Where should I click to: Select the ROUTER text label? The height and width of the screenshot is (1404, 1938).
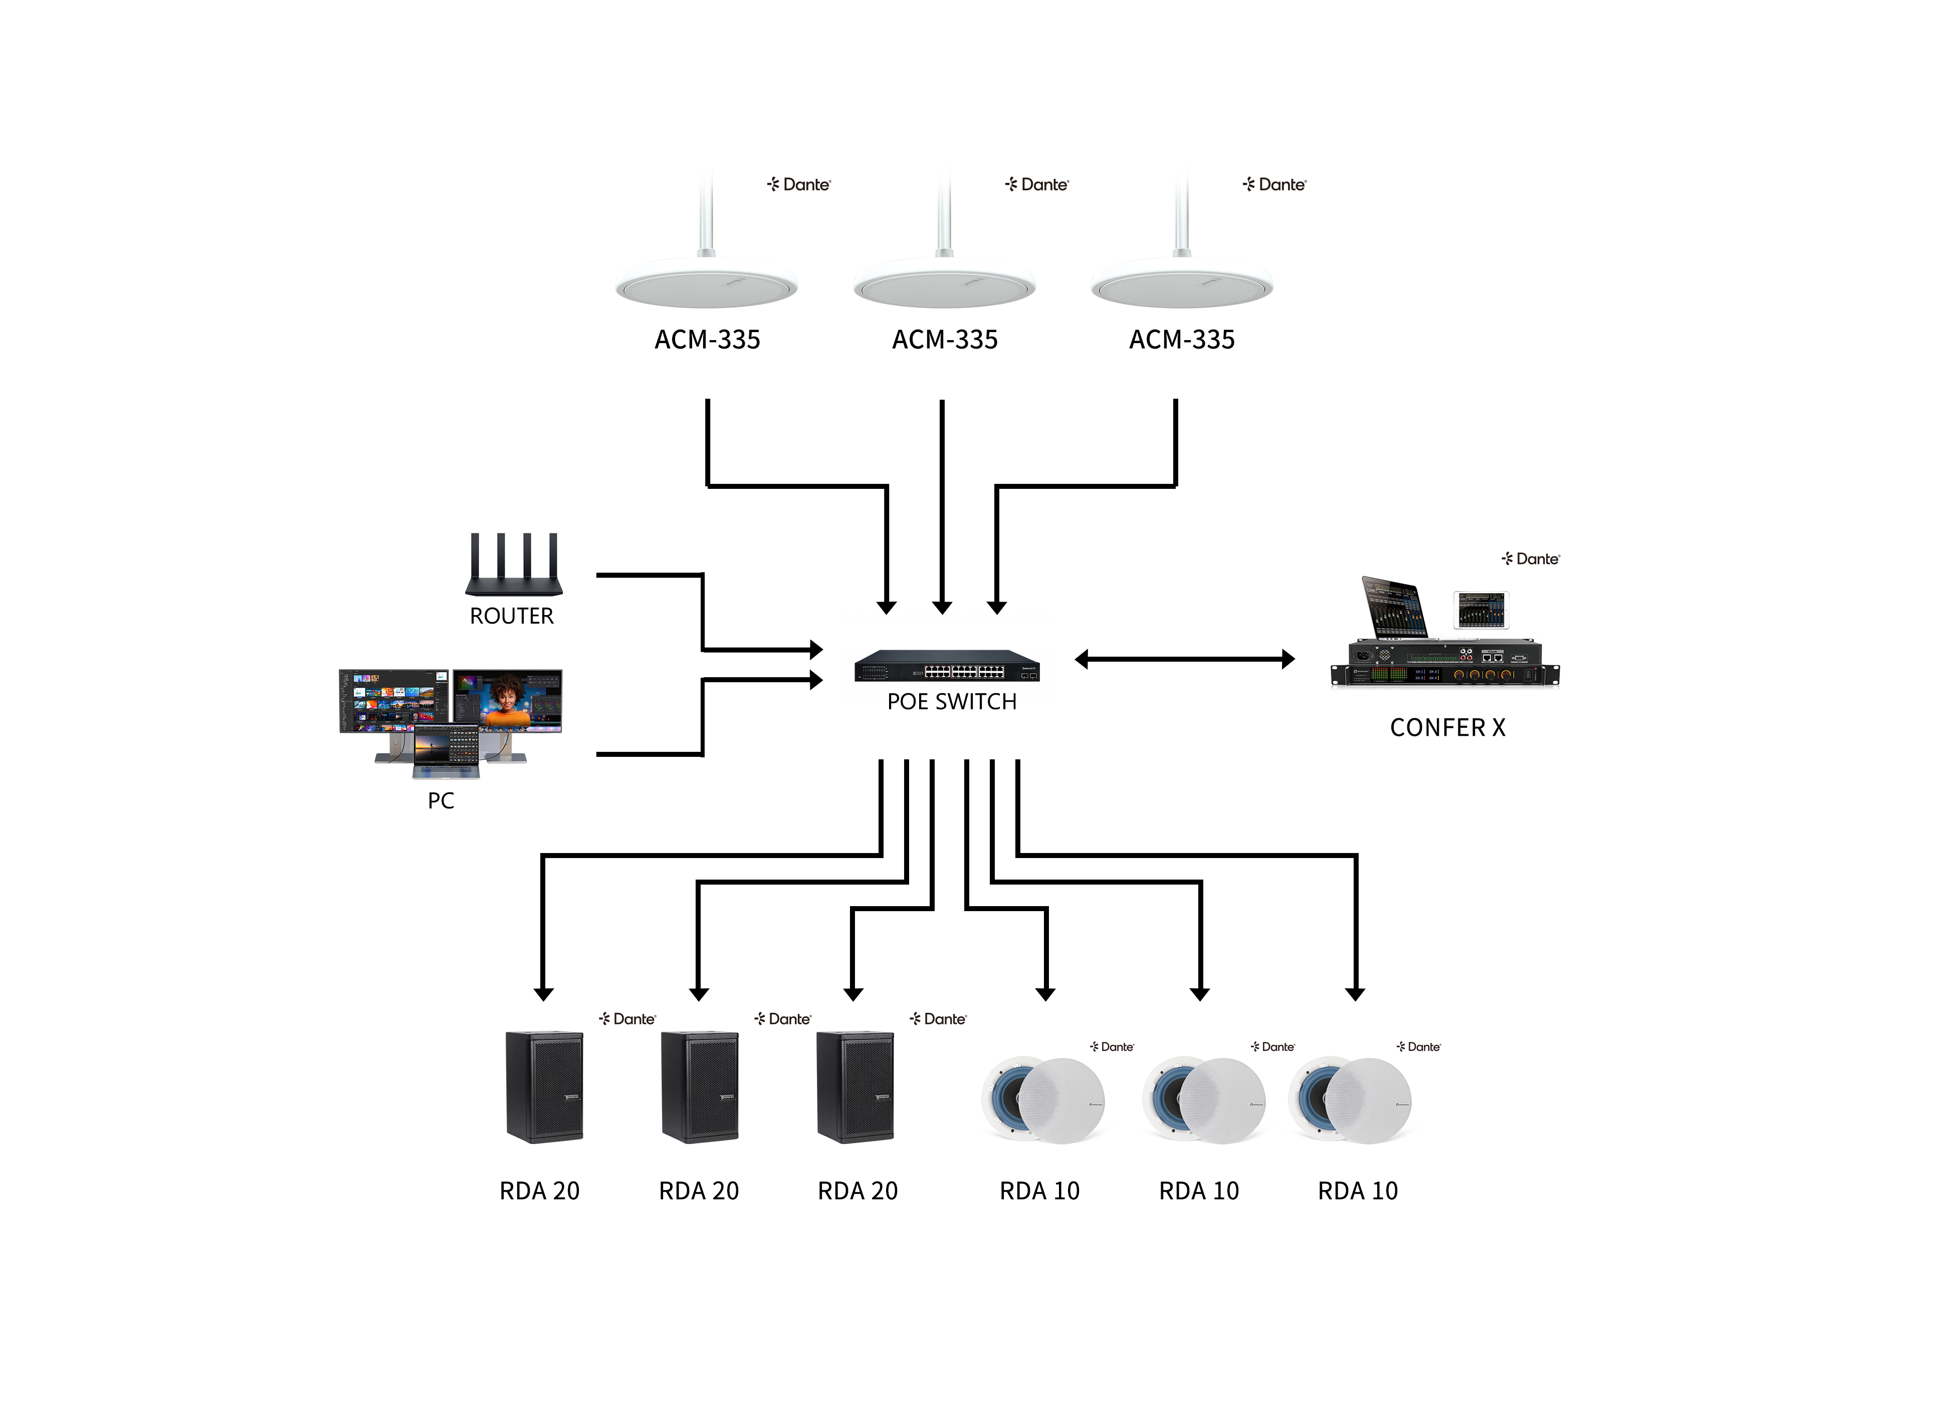[511, 616]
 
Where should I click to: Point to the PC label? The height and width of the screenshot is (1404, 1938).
[441, 800]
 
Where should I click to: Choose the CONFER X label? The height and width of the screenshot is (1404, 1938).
[1447, 728]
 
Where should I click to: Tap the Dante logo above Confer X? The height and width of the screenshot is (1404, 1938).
[1531, 558]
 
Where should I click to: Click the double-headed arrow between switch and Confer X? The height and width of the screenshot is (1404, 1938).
[1184, 659]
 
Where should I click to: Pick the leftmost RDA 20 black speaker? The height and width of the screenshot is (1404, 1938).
[544, 1086]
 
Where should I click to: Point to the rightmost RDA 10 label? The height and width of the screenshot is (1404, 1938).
[1357, 1191]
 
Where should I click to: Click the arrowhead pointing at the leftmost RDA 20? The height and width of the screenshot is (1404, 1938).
[543, 994]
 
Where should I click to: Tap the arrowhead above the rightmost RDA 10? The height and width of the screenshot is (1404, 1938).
[1354, 994]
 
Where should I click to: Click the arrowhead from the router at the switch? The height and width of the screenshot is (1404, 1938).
[816, 650]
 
